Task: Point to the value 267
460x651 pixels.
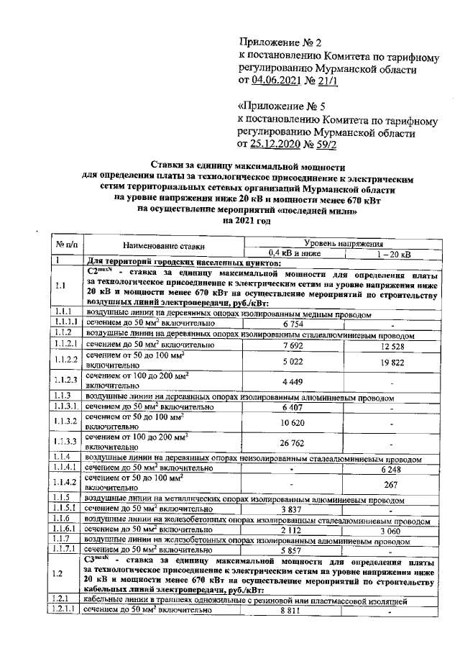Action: tap(391, 483)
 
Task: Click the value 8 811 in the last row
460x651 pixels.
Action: tap(293, 610)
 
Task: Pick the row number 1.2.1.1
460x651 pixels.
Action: tap(65, 610)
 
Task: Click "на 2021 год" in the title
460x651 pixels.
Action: tap(249, 222)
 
